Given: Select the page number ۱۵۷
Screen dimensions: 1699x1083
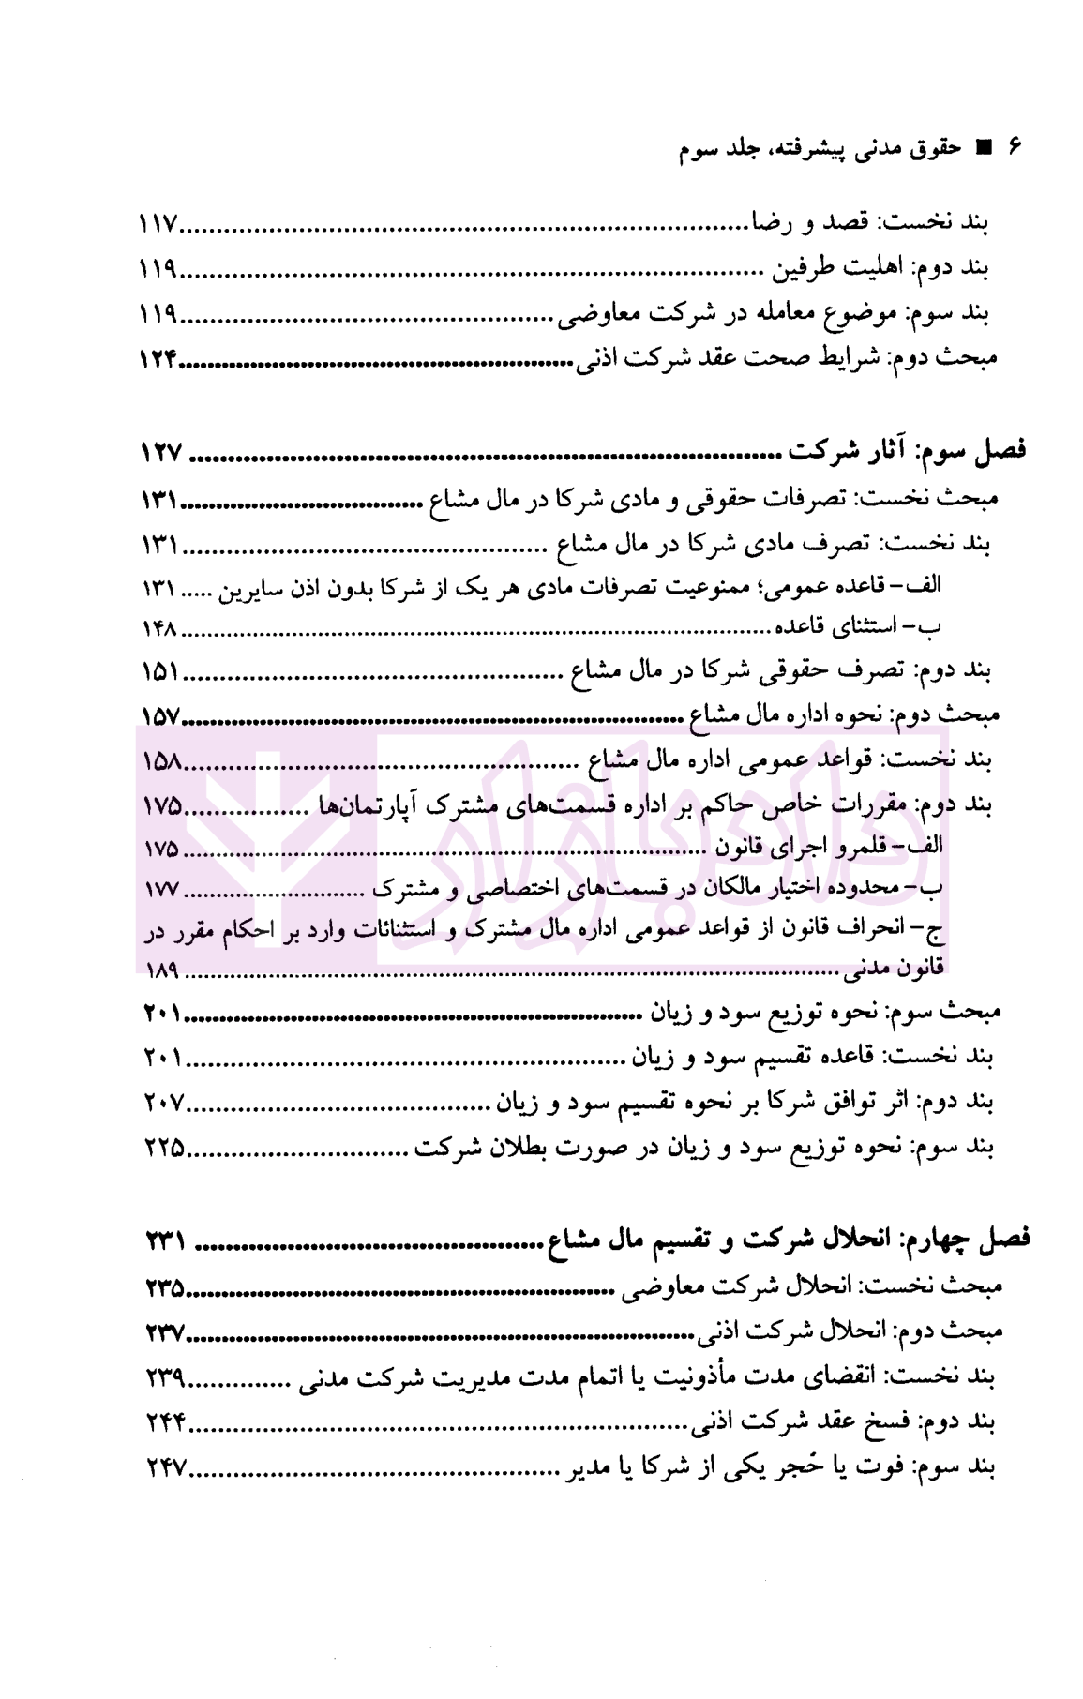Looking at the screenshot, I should pos(159,716).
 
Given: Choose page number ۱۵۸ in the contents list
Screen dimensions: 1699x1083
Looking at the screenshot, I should pos(159,760).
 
